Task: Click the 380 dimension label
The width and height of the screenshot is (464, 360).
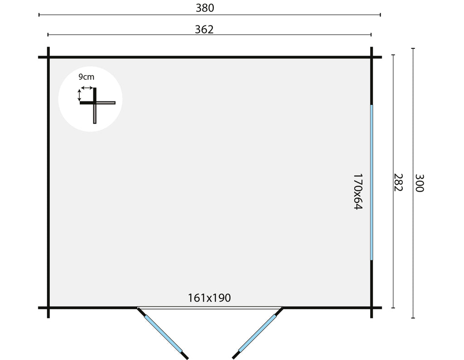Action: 205,8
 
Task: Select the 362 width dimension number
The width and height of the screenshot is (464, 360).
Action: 204,29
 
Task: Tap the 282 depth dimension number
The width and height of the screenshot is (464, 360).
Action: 398,182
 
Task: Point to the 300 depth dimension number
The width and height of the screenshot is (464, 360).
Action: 420,183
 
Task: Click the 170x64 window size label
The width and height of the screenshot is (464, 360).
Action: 358,192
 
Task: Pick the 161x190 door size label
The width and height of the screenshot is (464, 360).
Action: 209,298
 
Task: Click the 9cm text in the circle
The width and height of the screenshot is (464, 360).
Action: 87,77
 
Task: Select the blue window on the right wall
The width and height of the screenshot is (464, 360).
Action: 372,182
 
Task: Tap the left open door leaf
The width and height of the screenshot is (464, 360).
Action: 163,333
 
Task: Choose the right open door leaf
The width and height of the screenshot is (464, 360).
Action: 257,333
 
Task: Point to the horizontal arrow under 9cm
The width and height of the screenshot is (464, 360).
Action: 87,87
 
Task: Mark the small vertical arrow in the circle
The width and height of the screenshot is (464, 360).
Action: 79,95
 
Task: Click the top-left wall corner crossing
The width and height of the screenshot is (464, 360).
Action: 48,57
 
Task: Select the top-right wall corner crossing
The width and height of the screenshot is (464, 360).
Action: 372,57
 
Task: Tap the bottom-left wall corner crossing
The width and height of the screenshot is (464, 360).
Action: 48,307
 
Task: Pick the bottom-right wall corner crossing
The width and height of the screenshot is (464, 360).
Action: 372,307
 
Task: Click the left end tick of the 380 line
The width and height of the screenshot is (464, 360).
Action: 39,14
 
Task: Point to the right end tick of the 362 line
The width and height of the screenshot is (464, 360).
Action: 371,34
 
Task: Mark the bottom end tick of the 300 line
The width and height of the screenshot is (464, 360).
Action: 413,318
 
